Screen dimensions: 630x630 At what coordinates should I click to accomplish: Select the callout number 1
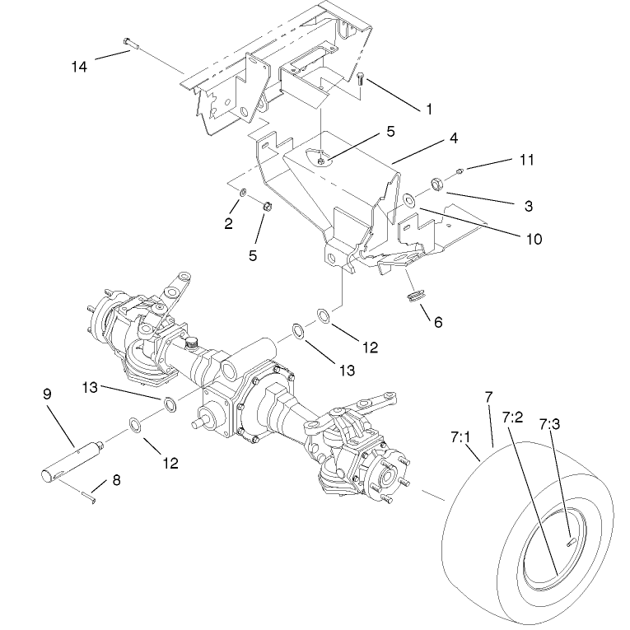click(x=428, y=109)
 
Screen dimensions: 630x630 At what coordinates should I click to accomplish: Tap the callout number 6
click(x=437, y=323)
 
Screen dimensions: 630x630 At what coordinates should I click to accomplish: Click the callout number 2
click(x=228, y=223)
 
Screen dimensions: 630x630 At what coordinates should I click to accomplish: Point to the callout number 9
click(x=47, y=394)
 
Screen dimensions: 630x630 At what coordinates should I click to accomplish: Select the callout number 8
click(x=116, y=479)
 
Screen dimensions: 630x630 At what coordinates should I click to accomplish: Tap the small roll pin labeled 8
click(x=90, y=494)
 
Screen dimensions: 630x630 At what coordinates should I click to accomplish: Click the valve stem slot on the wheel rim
click(x=571, y=540)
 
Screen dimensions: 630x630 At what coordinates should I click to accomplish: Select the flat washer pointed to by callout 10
click(x=409, y=198)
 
